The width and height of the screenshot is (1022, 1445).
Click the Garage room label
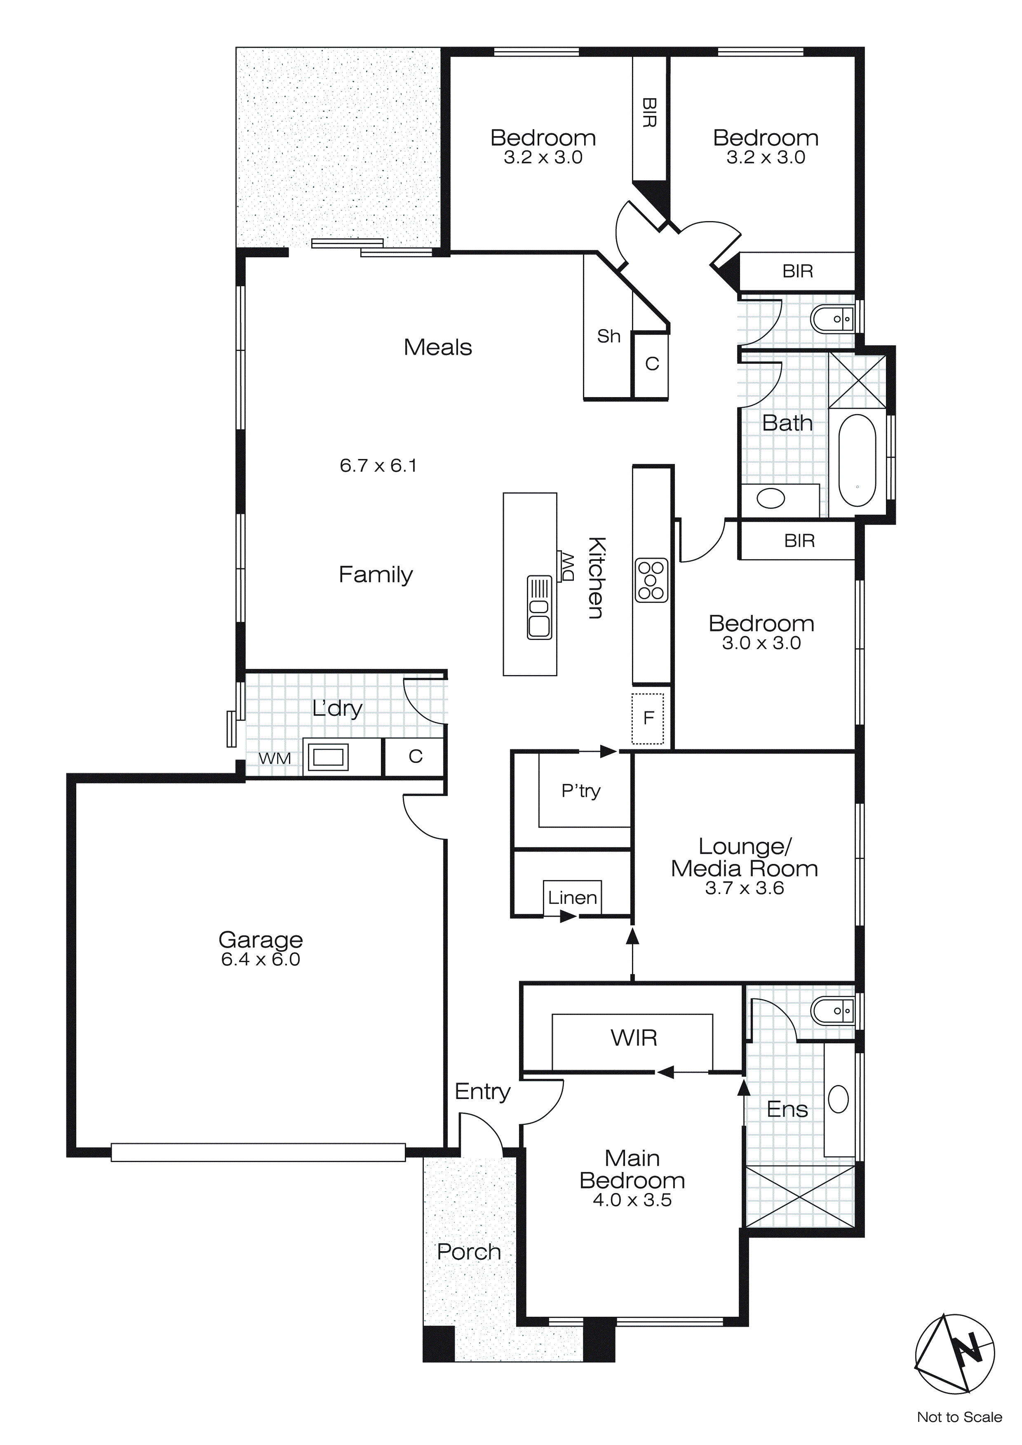click(261, 940)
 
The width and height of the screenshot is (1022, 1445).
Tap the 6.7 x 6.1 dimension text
click(378, 466)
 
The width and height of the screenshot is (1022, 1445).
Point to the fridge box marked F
click(648, 718)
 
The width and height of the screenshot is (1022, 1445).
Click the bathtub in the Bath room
click(857, 460)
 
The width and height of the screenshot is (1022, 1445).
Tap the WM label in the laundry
click(275, 758)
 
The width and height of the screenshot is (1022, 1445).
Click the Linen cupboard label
click(572, 897)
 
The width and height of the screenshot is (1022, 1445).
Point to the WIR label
click(634, 1038)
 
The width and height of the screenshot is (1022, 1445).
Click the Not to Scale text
click(959, 1417)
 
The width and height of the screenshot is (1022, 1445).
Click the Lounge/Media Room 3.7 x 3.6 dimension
click(745, 888)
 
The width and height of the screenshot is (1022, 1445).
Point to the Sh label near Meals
click(609, 337)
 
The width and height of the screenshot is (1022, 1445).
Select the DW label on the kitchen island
click(568, 567)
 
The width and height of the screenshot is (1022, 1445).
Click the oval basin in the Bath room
click(771, 499)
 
